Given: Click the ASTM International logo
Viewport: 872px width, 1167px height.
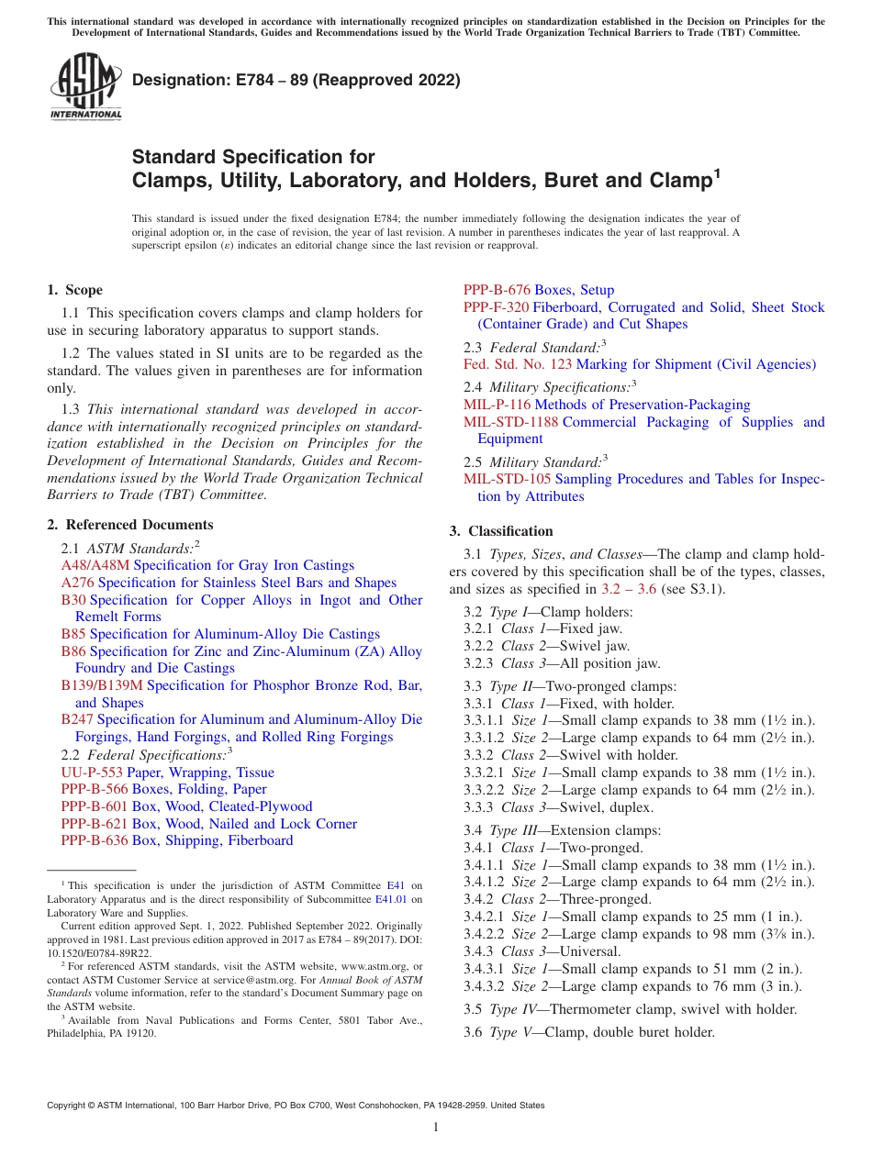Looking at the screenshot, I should click(x=84, y=88).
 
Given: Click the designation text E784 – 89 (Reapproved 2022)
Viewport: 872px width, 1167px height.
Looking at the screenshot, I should click(x=296, y=81).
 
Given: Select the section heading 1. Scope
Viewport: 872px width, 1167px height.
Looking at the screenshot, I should click(x=75, y=290).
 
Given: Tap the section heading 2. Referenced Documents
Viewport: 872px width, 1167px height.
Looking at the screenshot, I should click(x=130, y=525).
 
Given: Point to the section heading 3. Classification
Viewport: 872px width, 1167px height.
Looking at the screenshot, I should click(x=501, y=531).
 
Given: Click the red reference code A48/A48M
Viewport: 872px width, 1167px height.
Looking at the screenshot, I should click(x=95, y=565).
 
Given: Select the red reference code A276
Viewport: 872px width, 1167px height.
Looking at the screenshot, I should click(x=78, y=583).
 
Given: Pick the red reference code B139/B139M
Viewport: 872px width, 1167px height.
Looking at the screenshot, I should click(x=102, y=685).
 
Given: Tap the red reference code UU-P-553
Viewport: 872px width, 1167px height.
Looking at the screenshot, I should click(x=92, y=772).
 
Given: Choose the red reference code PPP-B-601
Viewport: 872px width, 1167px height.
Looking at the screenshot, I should click(x=95, y=806).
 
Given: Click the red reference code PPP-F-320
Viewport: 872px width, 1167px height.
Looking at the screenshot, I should click(x=496, y=307).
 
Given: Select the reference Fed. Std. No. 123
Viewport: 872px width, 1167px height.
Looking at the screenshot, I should click(x=518, y=364).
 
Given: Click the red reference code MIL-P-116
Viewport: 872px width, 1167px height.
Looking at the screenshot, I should click(x=497, y=405).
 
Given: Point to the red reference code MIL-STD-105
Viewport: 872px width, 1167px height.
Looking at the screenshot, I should click(x=508, y=479).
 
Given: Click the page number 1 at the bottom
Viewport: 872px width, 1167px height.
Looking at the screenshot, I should click(x=436, y=1128).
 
